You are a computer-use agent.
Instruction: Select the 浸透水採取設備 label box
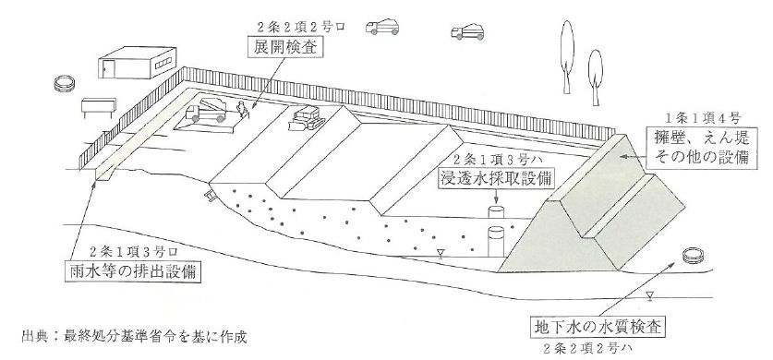tap(497, 179)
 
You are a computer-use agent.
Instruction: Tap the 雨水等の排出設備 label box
tap(133, 271)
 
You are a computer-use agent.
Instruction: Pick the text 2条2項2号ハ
tap(586, 348)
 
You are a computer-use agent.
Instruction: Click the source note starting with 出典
tap(134, 338)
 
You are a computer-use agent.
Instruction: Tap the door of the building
tap(109, 68)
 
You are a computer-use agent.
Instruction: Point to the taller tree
tap(567, 56)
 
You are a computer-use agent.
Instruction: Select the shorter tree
tap(595, 78)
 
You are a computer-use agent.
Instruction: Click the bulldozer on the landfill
tap(307, 119)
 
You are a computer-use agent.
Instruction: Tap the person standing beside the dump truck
tap(242, 110)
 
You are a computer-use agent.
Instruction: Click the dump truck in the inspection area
tap(206, 111)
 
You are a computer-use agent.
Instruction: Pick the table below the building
tap(99, 107)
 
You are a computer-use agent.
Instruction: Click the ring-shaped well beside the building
tap(64, 83)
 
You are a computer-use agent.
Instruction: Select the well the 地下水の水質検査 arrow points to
tap(694, 256)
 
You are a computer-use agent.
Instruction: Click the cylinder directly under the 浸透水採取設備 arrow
tap(496, 211)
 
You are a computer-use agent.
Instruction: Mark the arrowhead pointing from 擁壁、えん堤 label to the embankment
tap(622, 156)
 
